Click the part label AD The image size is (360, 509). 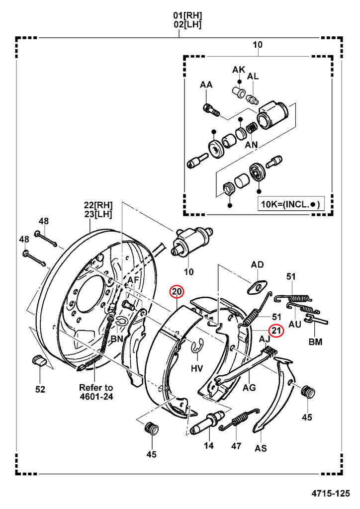[257, 265]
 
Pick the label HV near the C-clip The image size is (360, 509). [197, 368]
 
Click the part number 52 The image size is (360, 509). [40, 389]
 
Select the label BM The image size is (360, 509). [315, 341]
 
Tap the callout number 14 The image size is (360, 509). [208, 446]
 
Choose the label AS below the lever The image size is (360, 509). [261, 448]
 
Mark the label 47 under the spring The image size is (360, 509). [236, 446]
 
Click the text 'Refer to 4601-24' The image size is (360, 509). [96, 392]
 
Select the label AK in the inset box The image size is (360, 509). [239, 70]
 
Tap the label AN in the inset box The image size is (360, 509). [252, 145]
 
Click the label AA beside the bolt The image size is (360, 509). [206, 85]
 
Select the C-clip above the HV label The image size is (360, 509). [197, 346]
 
